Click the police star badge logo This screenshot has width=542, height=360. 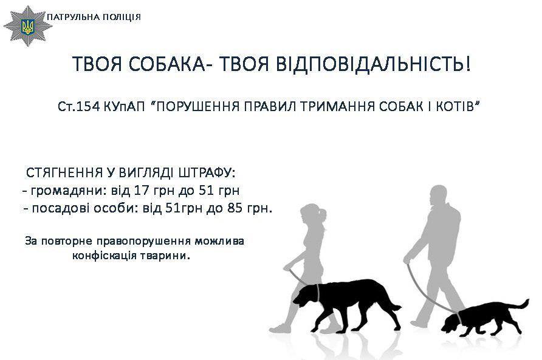pos(27,26)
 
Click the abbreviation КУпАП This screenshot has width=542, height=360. pos(124,107)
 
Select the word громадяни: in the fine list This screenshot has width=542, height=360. pos(69,191)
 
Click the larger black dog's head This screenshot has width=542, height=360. pos(304,296)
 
